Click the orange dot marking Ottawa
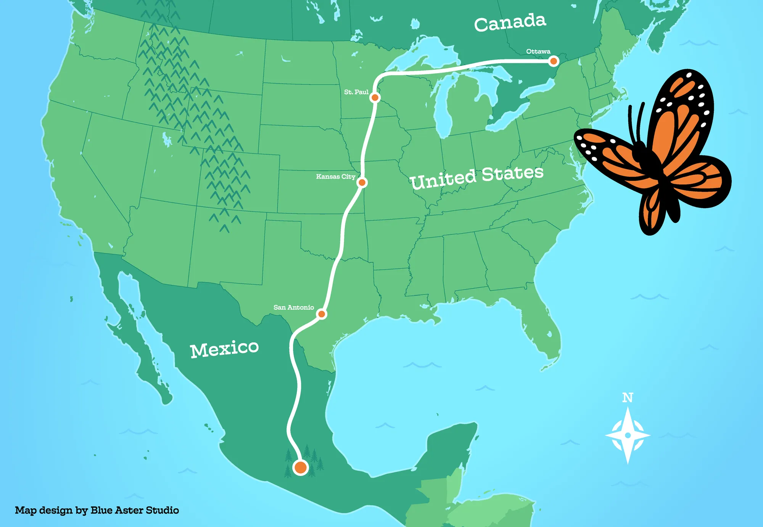(554, 61)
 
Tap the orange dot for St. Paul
(375, 98)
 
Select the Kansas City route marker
(362, 183)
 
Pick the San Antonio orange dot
(322, 314)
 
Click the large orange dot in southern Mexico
(301, 467)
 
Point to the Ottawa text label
(538, 51)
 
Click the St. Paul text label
(356, 92)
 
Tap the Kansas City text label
(335, 177)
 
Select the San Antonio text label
(293, 307)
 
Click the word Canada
(510, 23)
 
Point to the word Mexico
(224, 349)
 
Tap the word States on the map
(512, 174)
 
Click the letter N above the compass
(628, 398)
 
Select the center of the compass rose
(628, 435)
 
